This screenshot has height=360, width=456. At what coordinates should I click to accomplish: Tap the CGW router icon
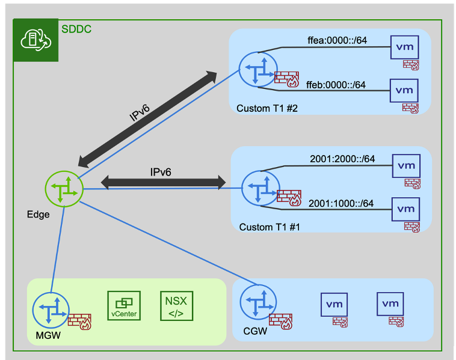257,302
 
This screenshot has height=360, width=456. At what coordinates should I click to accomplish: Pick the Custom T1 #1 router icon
259,188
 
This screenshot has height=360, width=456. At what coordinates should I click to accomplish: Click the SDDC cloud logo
35,40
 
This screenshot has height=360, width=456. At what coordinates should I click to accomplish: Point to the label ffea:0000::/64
337,41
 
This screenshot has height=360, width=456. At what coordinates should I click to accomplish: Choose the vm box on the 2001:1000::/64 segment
406,209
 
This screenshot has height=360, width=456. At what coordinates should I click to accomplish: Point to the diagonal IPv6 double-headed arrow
147,118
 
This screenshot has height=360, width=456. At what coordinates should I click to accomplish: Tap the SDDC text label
76,28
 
